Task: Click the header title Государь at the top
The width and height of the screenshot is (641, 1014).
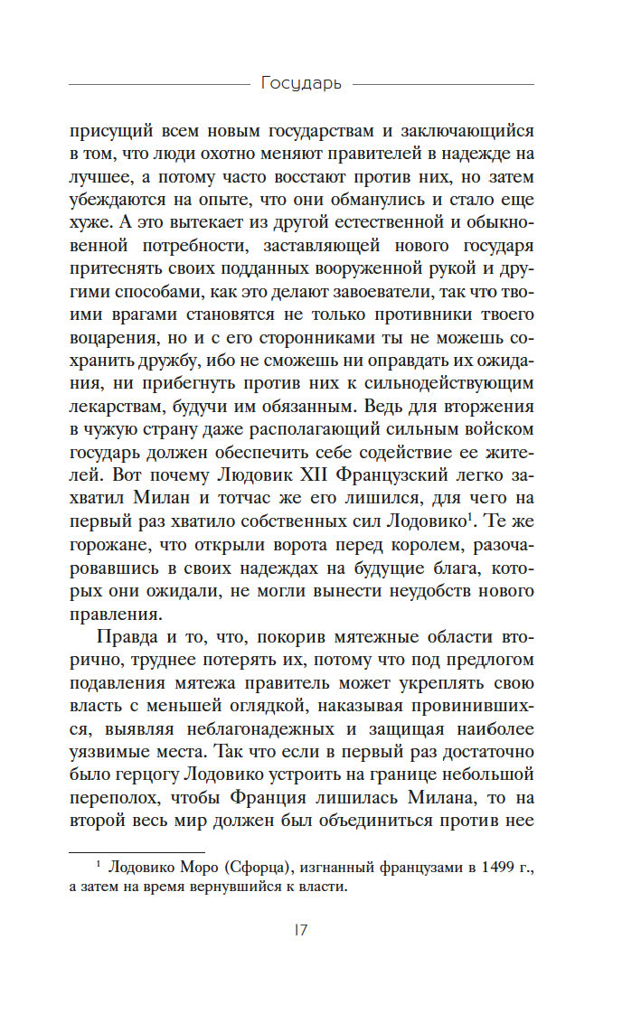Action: (x=301, y=83)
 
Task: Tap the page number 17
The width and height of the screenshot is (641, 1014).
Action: (x=301, y=931)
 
